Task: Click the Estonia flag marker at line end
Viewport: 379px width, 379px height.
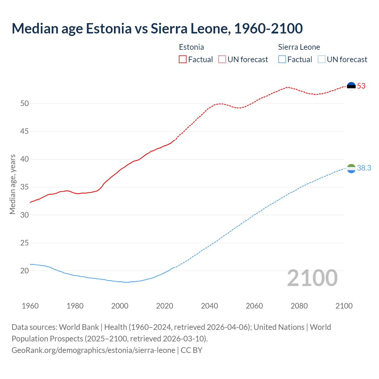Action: tap(351, 86)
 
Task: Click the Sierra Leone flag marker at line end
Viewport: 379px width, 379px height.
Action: tap(351, 168)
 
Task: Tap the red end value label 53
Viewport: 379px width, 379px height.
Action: tap(361, 86)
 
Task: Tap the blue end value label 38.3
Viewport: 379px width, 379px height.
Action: tap(364, 168)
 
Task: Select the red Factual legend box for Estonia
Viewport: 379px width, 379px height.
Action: tap(183, 60)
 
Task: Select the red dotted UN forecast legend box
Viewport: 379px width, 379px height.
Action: tap(222, 60)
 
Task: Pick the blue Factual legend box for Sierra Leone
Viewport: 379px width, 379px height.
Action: tap(282, 60)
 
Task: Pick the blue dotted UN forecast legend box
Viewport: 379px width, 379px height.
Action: tap(321, 60)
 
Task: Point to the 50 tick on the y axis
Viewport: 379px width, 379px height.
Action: tap(25, 104)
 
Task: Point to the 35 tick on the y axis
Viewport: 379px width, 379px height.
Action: tap(25, 187)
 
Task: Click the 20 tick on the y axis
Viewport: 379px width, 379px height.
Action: tap(25, 271)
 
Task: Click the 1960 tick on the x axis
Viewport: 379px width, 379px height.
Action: tap(30, 306)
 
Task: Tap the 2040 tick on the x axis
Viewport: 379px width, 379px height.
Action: tap(209, 306)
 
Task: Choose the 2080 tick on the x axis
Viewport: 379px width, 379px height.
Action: tap(299, 306)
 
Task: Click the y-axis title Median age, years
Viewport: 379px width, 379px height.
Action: tap(12, 184)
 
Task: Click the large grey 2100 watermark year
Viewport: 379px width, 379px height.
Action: tap(312, 278)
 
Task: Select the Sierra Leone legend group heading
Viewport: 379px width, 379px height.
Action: tap(299, 47)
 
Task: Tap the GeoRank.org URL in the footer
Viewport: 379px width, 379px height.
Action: tap(93, 350)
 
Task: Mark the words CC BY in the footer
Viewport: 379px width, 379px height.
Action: tap(192, 350)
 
